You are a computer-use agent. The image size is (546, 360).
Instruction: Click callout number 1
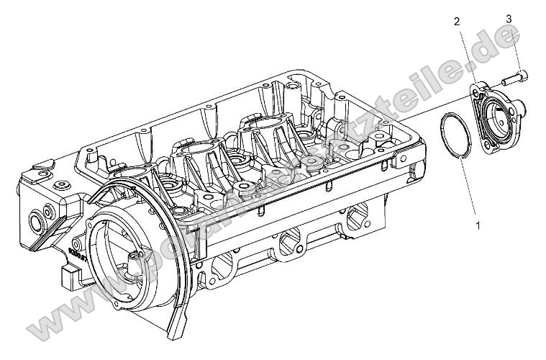tap(477, 225)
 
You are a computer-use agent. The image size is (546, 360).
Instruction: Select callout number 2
tap(455, 22)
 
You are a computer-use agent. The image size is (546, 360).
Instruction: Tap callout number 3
tap(508, 19)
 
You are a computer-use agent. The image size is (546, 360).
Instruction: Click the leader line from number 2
tap(466, 54)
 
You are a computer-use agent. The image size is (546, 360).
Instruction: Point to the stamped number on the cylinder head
tap(75, 253)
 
